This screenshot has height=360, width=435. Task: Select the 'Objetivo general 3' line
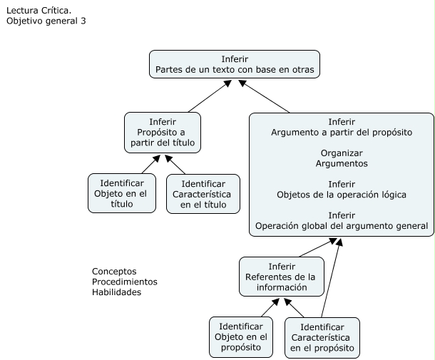coord(46,21)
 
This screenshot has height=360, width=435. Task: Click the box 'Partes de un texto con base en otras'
coord(234,64)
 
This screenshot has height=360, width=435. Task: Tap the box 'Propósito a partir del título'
coord(163,133)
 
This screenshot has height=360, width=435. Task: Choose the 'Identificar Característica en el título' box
coord(203,193)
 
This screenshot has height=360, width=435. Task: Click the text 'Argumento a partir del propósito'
coord(342,133)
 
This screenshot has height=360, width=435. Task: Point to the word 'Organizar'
coord(342,153)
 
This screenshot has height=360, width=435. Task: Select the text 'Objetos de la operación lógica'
coord(342,195)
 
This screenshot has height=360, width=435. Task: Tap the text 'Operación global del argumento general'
coord(342,226)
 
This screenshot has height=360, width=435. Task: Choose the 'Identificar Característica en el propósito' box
coord(322,336)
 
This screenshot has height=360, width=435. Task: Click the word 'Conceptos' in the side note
coord(114,272)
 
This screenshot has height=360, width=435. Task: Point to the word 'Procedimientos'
coord(125,282)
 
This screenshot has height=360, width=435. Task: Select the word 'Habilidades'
coord(117,292)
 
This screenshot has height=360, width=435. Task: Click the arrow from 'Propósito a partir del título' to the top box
coord(208,96)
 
